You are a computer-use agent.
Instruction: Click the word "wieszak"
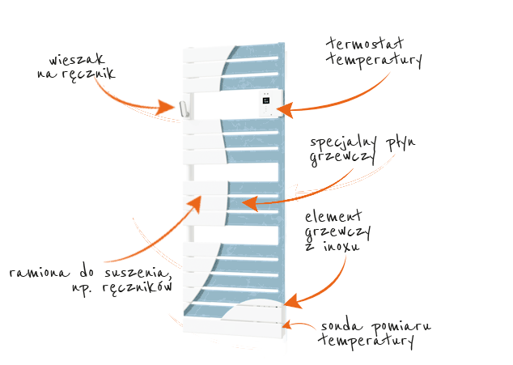[x=77, y=59]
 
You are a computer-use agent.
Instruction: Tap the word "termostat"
[x=365, y=44]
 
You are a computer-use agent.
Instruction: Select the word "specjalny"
[x=343, y=142]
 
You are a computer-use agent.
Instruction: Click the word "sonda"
[x=341, y=326]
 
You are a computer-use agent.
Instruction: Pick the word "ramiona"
[x=40, y=273]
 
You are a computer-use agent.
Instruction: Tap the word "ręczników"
[x=138, y=287]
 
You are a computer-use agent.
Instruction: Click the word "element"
[x=333, y=216]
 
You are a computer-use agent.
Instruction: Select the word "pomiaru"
[x=401, y=327]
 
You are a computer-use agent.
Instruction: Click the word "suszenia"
[x=138, y=273]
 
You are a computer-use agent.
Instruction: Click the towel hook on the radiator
[x=184, y=108]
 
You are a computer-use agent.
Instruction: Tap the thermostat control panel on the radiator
[x=271, y=103]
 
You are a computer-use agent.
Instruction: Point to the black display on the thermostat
[x=266, y=100]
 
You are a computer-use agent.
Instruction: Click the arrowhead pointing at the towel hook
[x=167, y=106]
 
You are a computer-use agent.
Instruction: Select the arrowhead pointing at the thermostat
[x=284, y=110]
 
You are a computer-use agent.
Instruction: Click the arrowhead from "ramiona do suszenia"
[x=196, y=204]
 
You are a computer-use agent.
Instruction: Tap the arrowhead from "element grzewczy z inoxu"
[x=293, y=301]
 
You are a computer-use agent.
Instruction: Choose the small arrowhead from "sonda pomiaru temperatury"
[x=286, y=325]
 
